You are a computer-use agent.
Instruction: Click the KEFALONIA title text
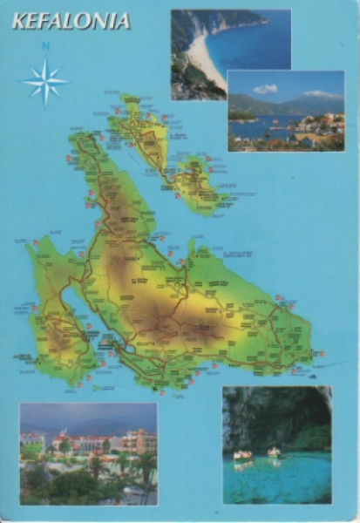tap(71, 21)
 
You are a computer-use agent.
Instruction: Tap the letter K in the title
tap(18, 21)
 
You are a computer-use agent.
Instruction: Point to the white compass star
tap(45, 82)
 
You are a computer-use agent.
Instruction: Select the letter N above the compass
tap(45, 47)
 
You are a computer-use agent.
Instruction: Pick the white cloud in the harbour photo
tap(265, 89)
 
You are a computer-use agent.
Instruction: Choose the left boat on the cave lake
tap(242, 455)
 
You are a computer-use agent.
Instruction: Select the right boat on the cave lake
tap(274, 452)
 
